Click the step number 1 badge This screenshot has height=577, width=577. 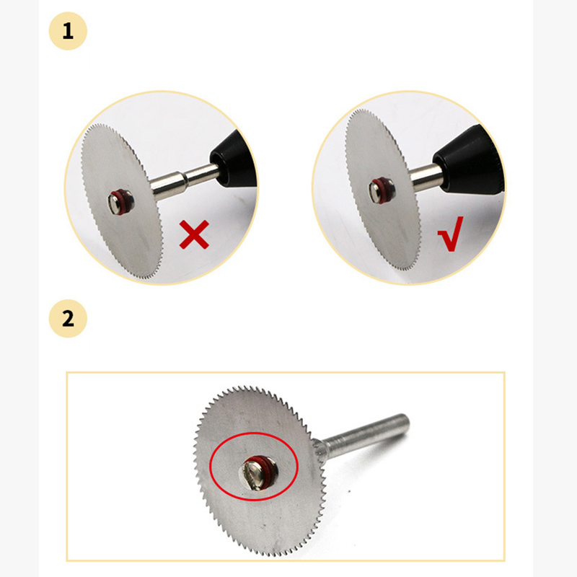coord(67,32)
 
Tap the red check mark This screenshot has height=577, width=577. coord(451,238)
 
